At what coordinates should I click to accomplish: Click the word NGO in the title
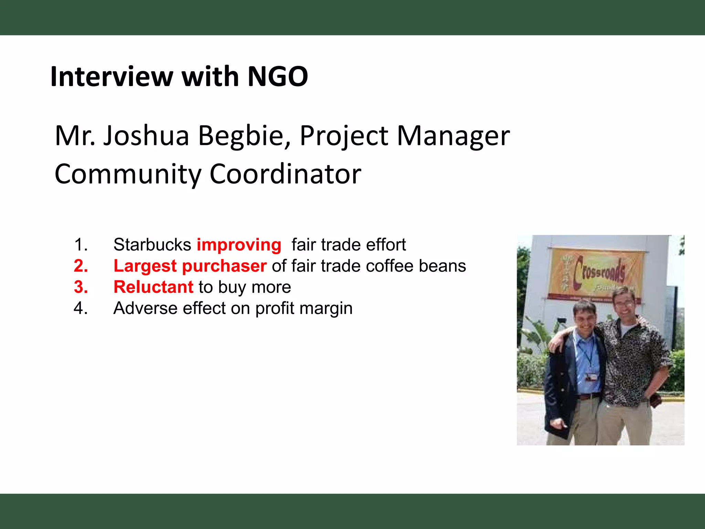[277, 76]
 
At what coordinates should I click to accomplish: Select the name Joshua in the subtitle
[146, 136]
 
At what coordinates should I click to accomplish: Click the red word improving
[239, 245]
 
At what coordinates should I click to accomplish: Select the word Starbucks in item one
[152, 245]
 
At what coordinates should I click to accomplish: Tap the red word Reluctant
[154, 287]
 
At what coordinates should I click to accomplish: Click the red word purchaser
[224, 267]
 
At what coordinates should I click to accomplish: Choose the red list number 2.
[81, 266]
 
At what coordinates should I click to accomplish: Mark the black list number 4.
[81, 308]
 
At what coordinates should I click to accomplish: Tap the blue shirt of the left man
[587, 362]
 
